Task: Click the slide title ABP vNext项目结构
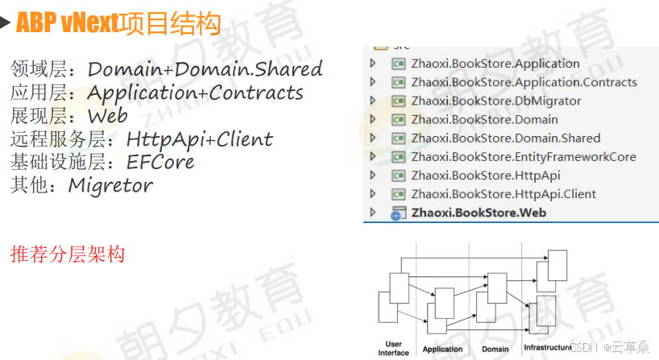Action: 118,23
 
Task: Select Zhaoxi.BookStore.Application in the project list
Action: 495,64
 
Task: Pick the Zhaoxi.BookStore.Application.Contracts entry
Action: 524,82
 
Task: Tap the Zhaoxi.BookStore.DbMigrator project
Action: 495,101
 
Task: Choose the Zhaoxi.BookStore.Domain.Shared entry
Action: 505,138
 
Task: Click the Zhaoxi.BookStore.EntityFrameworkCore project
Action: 523,156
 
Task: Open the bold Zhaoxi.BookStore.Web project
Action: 479,213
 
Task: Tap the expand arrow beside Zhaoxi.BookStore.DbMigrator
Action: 372,101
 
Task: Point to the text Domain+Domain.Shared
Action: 205,69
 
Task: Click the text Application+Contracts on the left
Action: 195,93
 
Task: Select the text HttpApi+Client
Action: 200,139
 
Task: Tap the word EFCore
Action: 160,162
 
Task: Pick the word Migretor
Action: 110,185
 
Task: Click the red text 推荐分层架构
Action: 68,255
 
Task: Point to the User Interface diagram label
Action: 393,348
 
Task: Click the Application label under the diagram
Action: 442,349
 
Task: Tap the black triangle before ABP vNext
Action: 6,23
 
